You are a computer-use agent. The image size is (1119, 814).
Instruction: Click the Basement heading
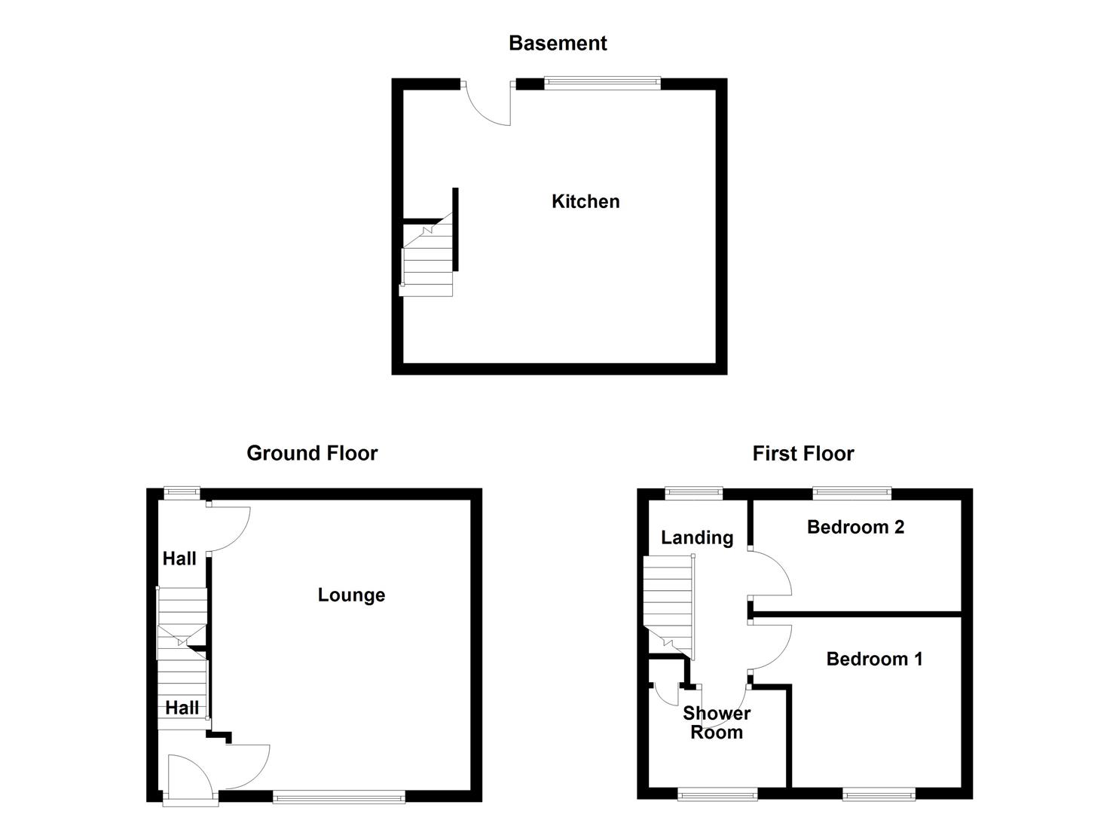point(558,43)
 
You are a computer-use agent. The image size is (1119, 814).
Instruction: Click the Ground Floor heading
point(312,453)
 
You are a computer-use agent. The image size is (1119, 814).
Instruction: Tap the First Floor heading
point(803,454)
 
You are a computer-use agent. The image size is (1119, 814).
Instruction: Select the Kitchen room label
point(585,201)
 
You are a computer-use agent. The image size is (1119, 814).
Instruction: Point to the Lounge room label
point(351,595)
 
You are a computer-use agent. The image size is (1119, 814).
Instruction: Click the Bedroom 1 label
point(874,659)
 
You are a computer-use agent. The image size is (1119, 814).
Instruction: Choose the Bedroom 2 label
point(855,527)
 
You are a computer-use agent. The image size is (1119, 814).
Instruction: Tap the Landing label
point(697,537)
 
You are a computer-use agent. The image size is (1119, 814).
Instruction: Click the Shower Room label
point(717,723)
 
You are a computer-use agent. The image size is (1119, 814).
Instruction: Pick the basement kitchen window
point(603,82)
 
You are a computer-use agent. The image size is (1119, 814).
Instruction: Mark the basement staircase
point(428,260)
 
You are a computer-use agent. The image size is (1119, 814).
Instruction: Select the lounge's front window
point(339,796)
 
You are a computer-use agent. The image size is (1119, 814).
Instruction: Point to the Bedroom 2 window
point(852,494)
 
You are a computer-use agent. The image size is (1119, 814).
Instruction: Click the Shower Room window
point(717,794)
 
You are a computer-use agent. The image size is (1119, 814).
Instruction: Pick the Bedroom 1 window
point(879,794)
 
